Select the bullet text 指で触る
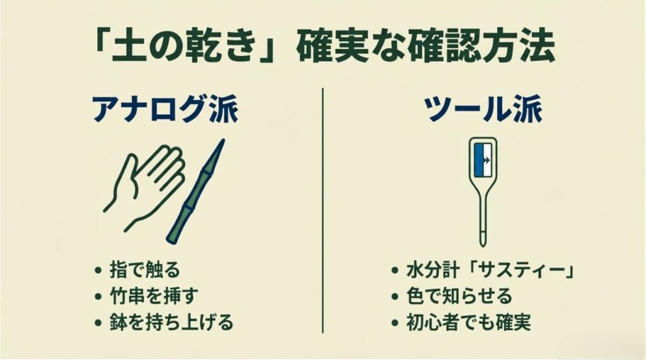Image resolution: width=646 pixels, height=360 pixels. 145,270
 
